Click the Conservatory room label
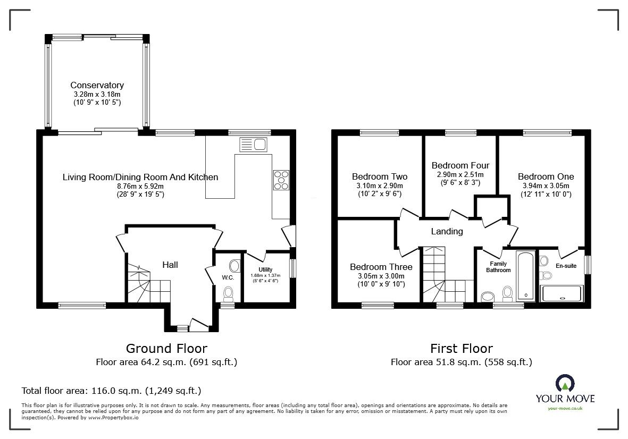(x=97, y=85)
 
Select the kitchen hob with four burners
(x=281, y=180)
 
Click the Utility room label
(x=265, y=270)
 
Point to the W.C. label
(x=228, y=277)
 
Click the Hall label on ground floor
(x=170, y=265)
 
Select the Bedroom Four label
(x=460, y=165)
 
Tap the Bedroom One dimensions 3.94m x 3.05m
(x=546, y=186)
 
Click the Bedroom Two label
(x=380, y=176)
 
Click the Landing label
(x=447, y=231)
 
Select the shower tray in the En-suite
(x=562, y=293)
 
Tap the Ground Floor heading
(x=166, y=349)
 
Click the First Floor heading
(x=461, y=349)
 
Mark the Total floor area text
(x=111, y=391)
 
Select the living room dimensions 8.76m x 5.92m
(x=140, y=187)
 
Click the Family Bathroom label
(x=498, y=267)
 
